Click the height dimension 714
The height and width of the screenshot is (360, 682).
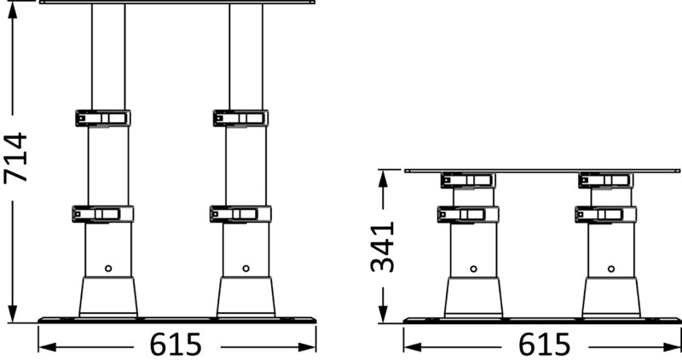17,158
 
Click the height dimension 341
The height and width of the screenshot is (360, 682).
383,246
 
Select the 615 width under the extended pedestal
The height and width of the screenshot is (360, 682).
176,345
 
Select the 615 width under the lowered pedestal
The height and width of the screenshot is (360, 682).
542,345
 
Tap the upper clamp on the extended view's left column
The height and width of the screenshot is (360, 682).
102,118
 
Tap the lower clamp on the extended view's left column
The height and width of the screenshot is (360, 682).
102,213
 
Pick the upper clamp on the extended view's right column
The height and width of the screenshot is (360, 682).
241,118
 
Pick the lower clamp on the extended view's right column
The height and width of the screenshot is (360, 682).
241,213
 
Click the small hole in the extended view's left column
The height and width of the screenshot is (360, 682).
108,268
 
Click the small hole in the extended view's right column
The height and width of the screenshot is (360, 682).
246,268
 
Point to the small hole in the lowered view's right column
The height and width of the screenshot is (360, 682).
611,268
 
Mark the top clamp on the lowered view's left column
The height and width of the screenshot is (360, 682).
468,180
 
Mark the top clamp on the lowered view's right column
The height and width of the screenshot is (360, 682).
606,180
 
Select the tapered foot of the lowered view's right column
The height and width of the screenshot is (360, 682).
611,296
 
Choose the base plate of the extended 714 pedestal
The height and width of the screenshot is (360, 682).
177,320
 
